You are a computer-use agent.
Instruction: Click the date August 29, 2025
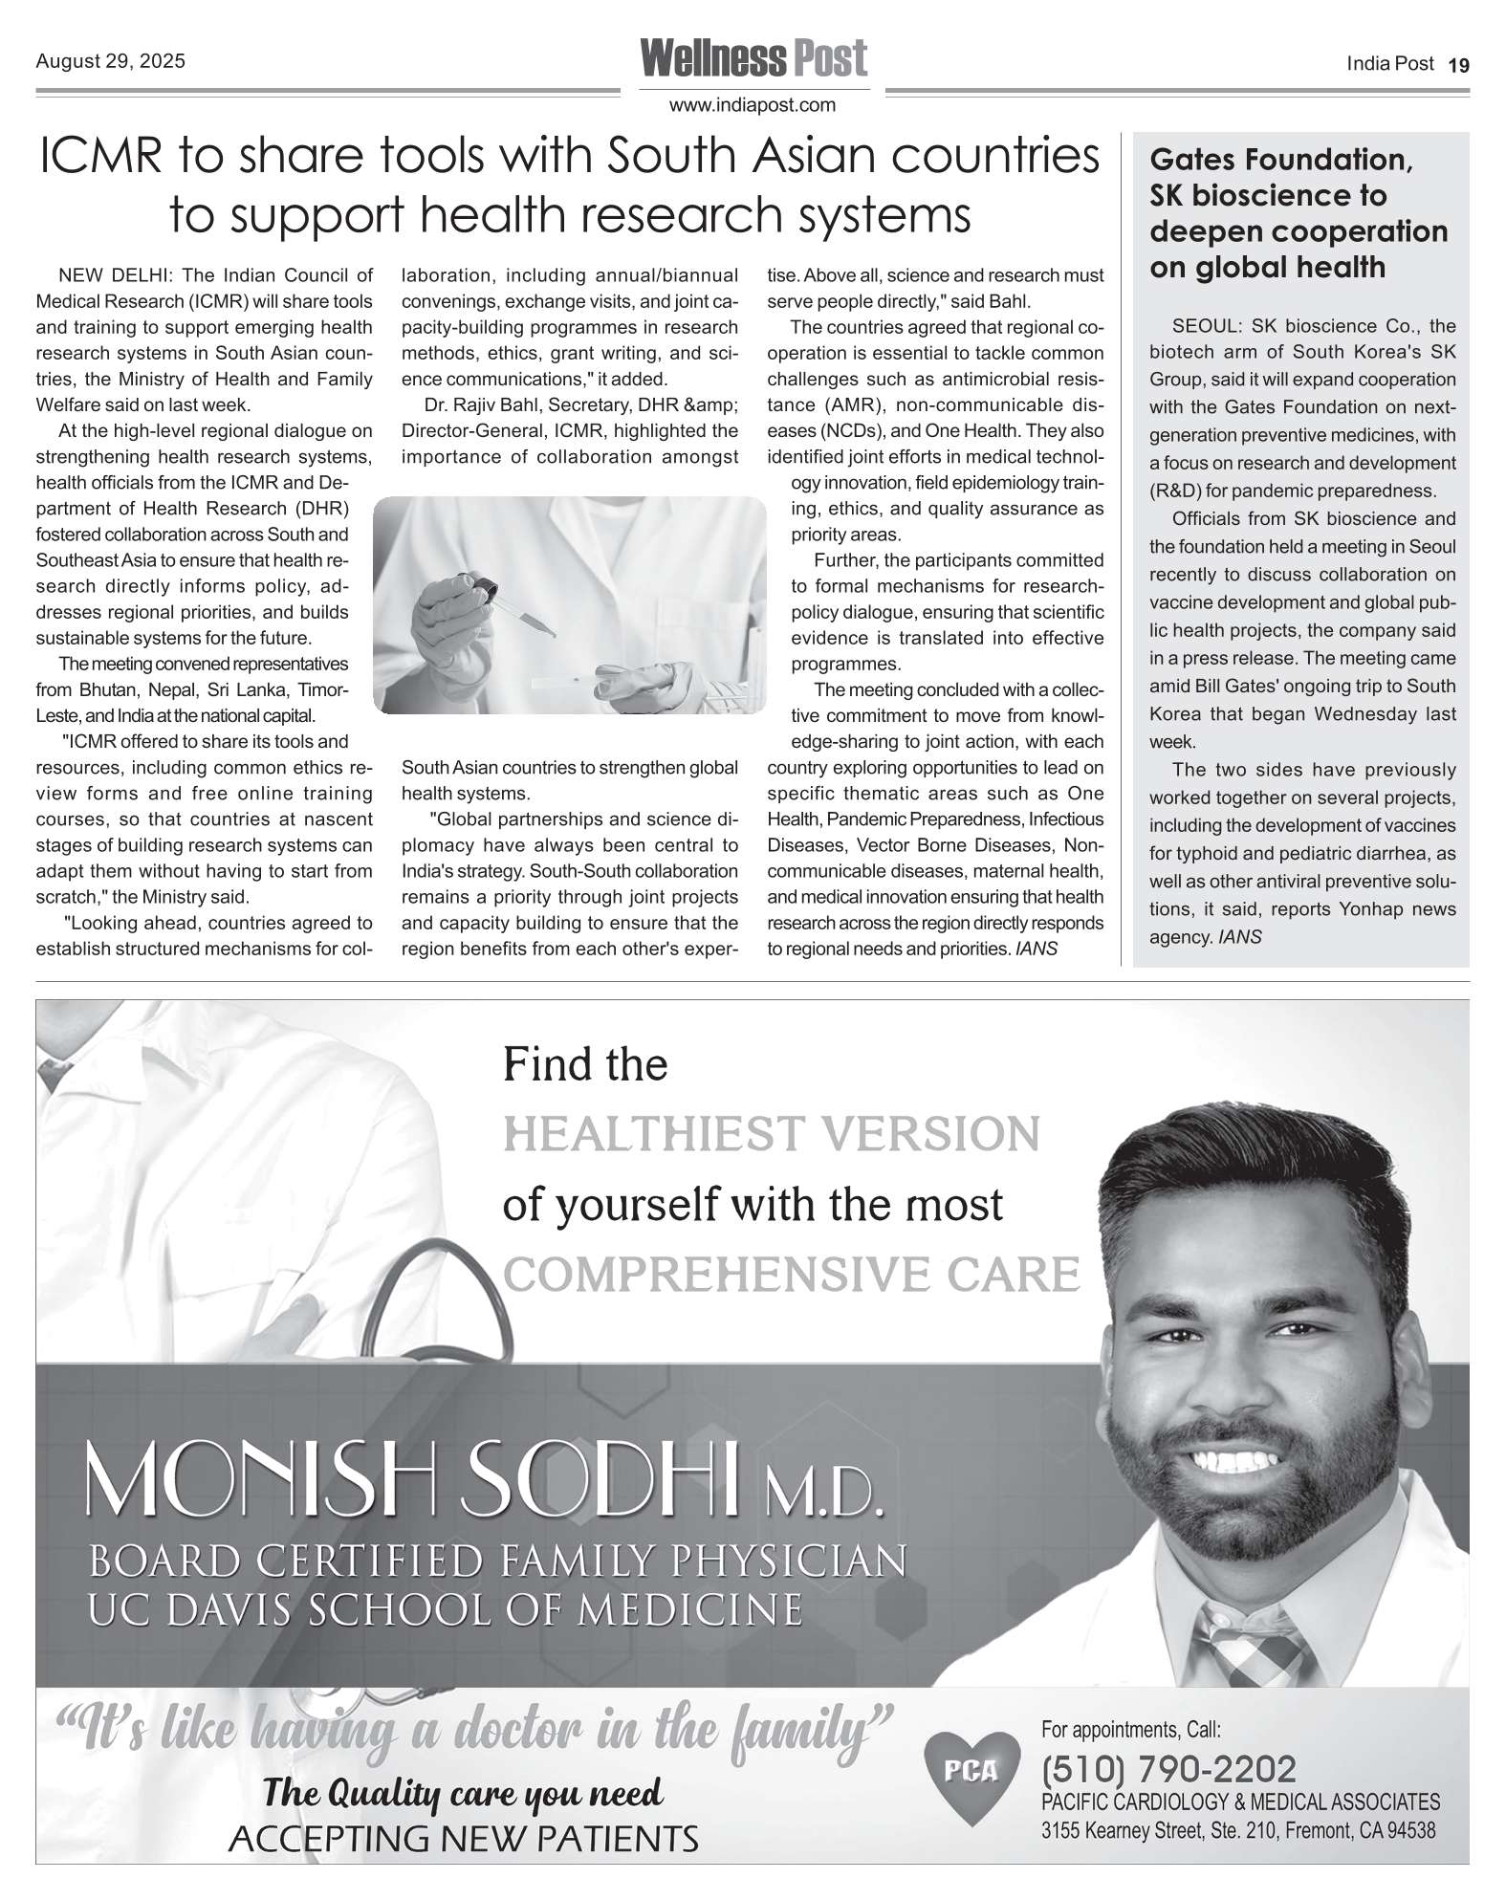(110, 61)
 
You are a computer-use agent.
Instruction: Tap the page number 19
(1458, 65)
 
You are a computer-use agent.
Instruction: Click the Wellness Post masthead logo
(753, 59)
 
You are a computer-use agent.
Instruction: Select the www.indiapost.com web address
(753, 105)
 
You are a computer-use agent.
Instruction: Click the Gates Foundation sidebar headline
(1298, 212)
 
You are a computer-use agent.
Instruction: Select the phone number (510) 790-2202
(1168, 1768)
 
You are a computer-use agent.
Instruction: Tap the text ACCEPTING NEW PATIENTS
(463, 1837)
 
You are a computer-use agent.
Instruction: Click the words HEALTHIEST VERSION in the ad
(771, 1135)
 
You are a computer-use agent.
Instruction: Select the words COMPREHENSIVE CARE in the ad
(791, 1275)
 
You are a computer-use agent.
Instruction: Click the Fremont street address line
(1238, 1830)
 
